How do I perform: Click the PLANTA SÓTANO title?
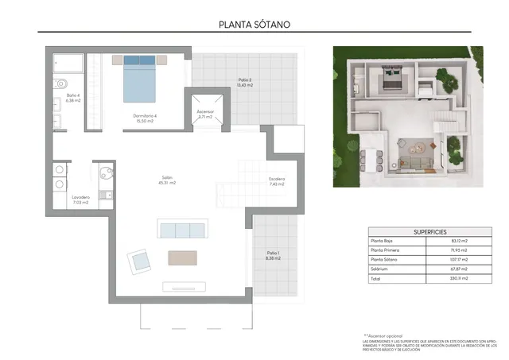tap(254, 24)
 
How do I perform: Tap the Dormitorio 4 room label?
tap(145, 118)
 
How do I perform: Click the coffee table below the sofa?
tap(182, 258)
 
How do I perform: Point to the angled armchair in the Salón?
tap(139, 261)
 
